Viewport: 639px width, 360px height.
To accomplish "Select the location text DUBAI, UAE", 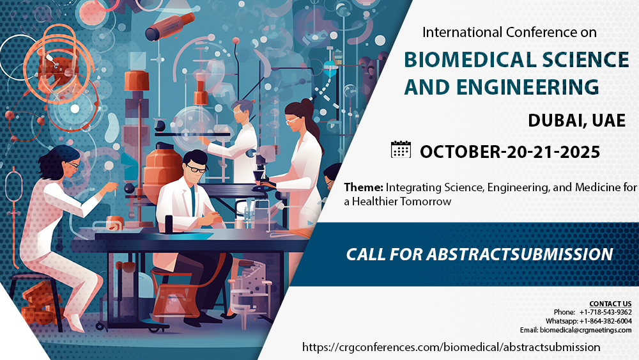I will [x=576, y=120].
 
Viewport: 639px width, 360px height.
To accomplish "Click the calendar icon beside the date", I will [x=401, y=150].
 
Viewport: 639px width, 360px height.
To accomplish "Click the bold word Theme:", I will [x=363, y=187].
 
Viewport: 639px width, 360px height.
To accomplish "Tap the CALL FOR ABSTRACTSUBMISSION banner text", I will [x=479, y=254].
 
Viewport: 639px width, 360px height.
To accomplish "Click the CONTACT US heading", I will [x=610, y=303].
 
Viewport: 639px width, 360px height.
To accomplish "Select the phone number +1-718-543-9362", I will [x=605, y=312].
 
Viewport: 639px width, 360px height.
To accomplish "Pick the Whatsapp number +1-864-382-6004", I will [x=606, y=321].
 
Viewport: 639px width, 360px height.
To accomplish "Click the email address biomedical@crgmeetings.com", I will [x=585, y=330].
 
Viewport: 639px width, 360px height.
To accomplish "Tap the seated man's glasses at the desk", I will [x=196, y=169].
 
